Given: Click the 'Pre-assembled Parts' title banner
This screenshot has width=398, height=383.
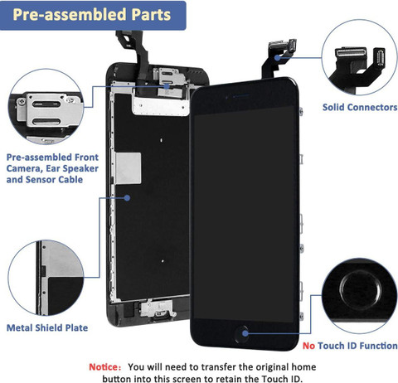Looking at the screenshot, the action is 93,15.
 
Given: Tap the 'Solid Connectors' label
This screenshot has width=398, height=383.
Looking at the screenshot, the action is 360,107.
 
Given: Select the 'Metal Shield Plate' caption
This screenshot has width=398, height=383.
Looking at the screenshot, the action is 47,327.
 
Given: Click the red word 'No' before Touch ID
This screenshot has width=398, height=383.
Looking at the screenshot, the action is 308,346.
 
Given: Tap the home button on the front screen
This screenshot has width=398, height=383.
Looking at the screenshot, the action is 241,334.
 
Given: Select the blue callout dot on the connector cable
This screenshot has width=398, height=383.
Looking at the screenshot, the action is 277,58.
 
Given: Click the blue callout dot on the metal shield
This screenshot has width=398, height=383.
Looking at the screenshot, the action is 127,198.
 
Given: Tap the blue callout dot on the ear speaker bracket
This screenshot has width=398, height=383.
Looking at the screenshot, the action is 167,86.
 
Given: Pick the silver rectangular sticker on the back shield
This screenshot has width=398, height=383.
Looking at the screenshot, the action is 128,168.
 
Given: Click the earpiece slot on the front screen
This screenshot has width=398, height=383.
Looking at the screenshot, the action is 241,96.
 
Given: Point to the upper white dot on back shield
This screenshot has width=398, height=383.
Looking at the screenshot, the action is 162,140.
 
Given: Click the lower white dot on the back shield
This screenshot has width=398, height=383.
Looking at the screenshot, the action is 163,261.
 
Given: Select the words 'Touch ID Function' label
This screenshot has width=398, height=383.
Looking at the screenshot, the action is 357,346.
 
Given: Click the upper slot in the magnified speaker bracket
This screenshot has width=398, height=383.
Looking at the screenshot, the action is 46,104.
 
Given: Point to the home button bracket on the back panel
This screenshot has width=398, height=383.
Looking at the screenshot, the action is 157,309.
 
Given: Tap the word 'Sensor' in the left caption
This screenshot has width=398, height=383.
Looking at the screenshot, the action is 41,180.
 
